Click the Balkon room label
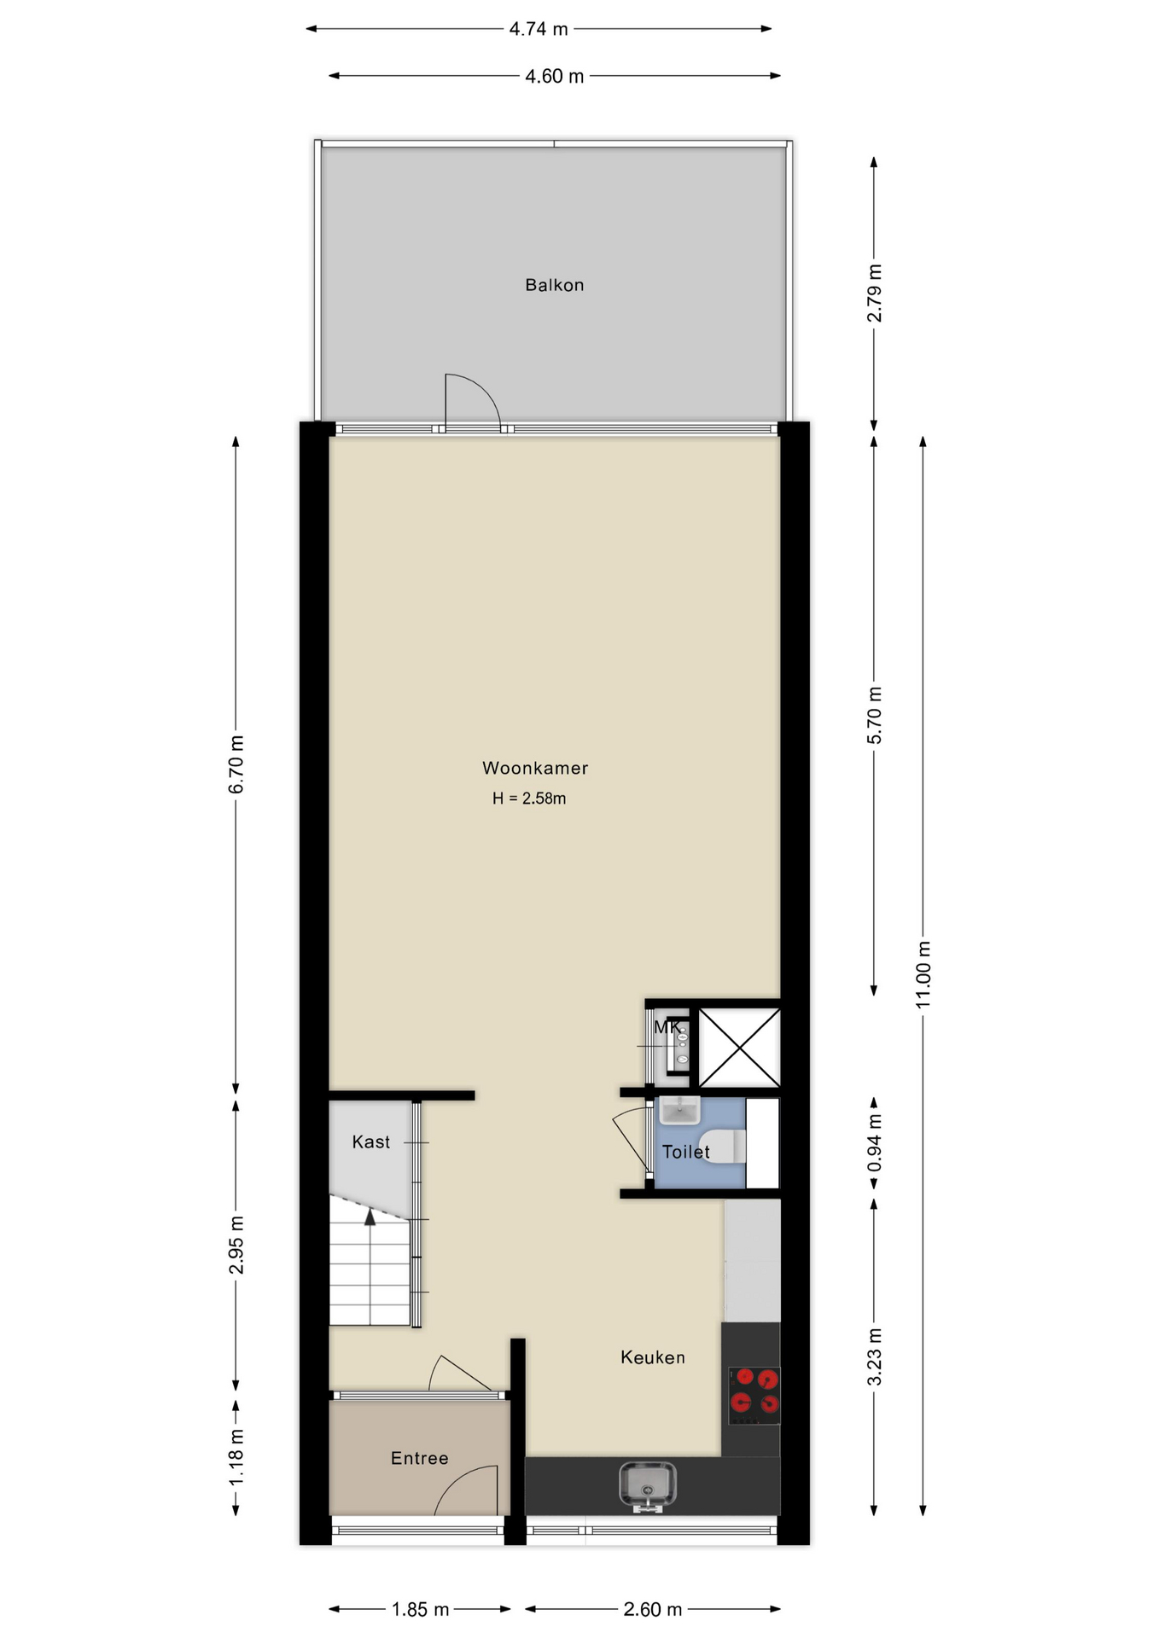point(554,285)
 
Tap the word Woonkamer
point(535,768)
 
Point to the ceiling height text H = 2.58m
point(529,799)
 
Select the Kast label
point(370,1141)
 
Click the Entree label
point(419,1458)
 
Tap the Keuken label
point(653,1357)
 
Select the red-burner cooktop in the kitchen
point(754,1395)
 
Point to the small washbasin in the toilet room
point(679,1110)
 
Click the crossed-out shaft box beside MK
point(739,1047)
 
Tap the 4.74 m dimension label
point(539,29)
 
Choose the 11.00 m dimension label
point(923,974)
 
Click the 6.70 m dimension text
point(236,764)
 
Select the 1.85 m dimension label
point(420,1609)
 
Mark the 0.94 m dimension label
point(875,1144)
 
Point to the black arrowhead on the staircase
point(370,1217)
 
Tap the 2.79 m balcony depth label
point(875,293)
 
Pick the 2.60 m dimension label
point(653,1609)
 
